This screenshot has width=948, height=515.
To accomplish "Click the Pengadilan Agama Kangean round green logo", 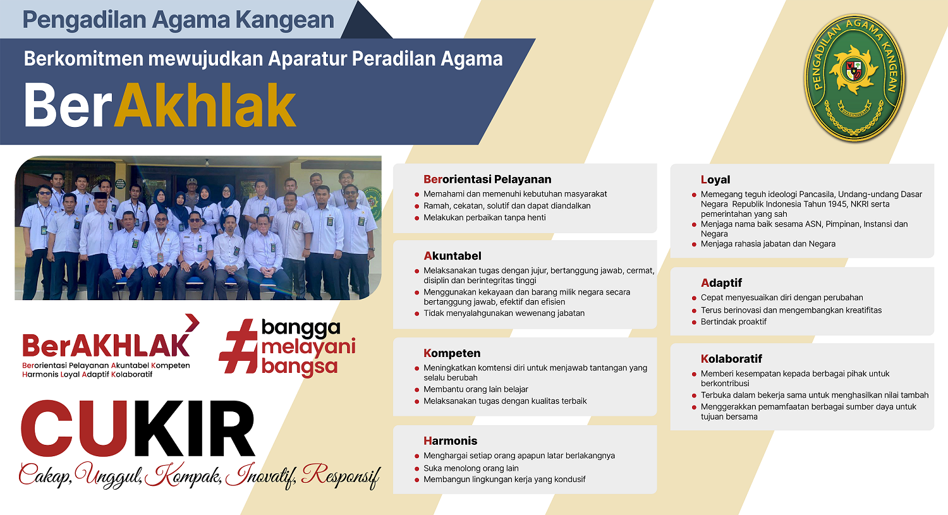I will (x=854, y=78).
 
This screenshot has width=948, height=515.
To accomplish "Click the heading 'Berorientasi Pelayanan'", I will (x=487, y=179).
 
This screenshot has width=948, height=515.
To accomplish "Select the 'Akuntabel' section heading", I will (x=453, y=256).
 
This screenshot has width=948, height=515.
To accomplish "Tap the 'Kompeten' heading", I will (x=452, y=353).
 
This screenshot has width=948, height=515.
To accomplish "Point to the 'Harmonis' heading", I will (x=450, y=441).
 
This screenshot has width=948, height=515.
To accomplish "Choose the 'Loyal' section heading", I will (x=715, y=179).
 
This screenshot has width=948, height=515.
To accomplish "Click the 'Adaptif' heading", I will (x=721, y=283).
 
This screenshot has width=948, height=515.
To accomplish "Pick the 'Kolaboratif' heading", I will (x=731, y=359).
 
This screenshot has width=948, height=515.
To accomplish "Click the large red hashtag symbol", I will (x=238, y=346).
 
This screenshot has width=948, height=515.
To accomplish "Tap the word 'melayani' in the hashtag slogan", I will (x=308, y=347).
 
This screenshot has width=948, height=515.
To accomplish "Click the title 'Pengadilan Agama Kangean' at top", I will (x=178, y=20).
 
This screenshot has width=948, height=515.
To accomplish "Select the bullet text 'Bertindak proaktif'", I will (x=733, y=322).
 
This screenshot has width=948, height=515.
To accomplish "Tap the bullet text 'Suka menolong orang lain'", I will (x=471, y=468).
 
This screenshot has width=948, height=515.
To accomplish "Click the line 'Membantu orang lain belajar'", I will (x=475, y=389).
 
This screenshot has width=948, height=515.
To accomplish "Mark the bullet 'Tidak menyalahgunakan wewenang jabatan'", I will (x=504, y=313).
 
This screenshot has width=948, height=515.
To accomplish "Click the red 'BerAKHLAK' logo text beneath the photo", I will (x=106, y=345).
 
